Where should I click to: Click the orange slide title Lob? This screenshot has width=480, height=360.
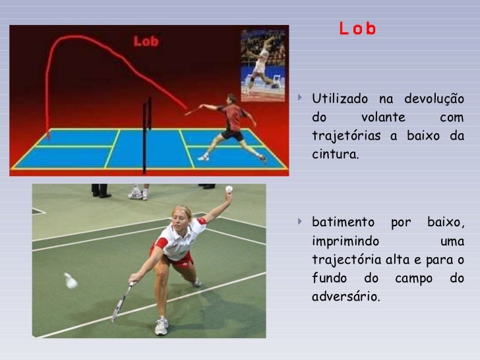coord(357,29)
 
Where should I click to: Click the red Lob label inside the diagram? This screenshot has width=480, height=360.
coord(146,42)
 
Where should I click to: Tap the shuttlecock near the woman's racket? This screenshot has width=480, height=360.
coord(71,281)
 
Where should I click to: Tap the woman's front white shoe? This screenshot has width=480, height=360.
coord(162,326)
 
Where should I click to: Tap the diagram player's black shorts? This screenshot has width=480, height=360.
coord(232,134)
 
